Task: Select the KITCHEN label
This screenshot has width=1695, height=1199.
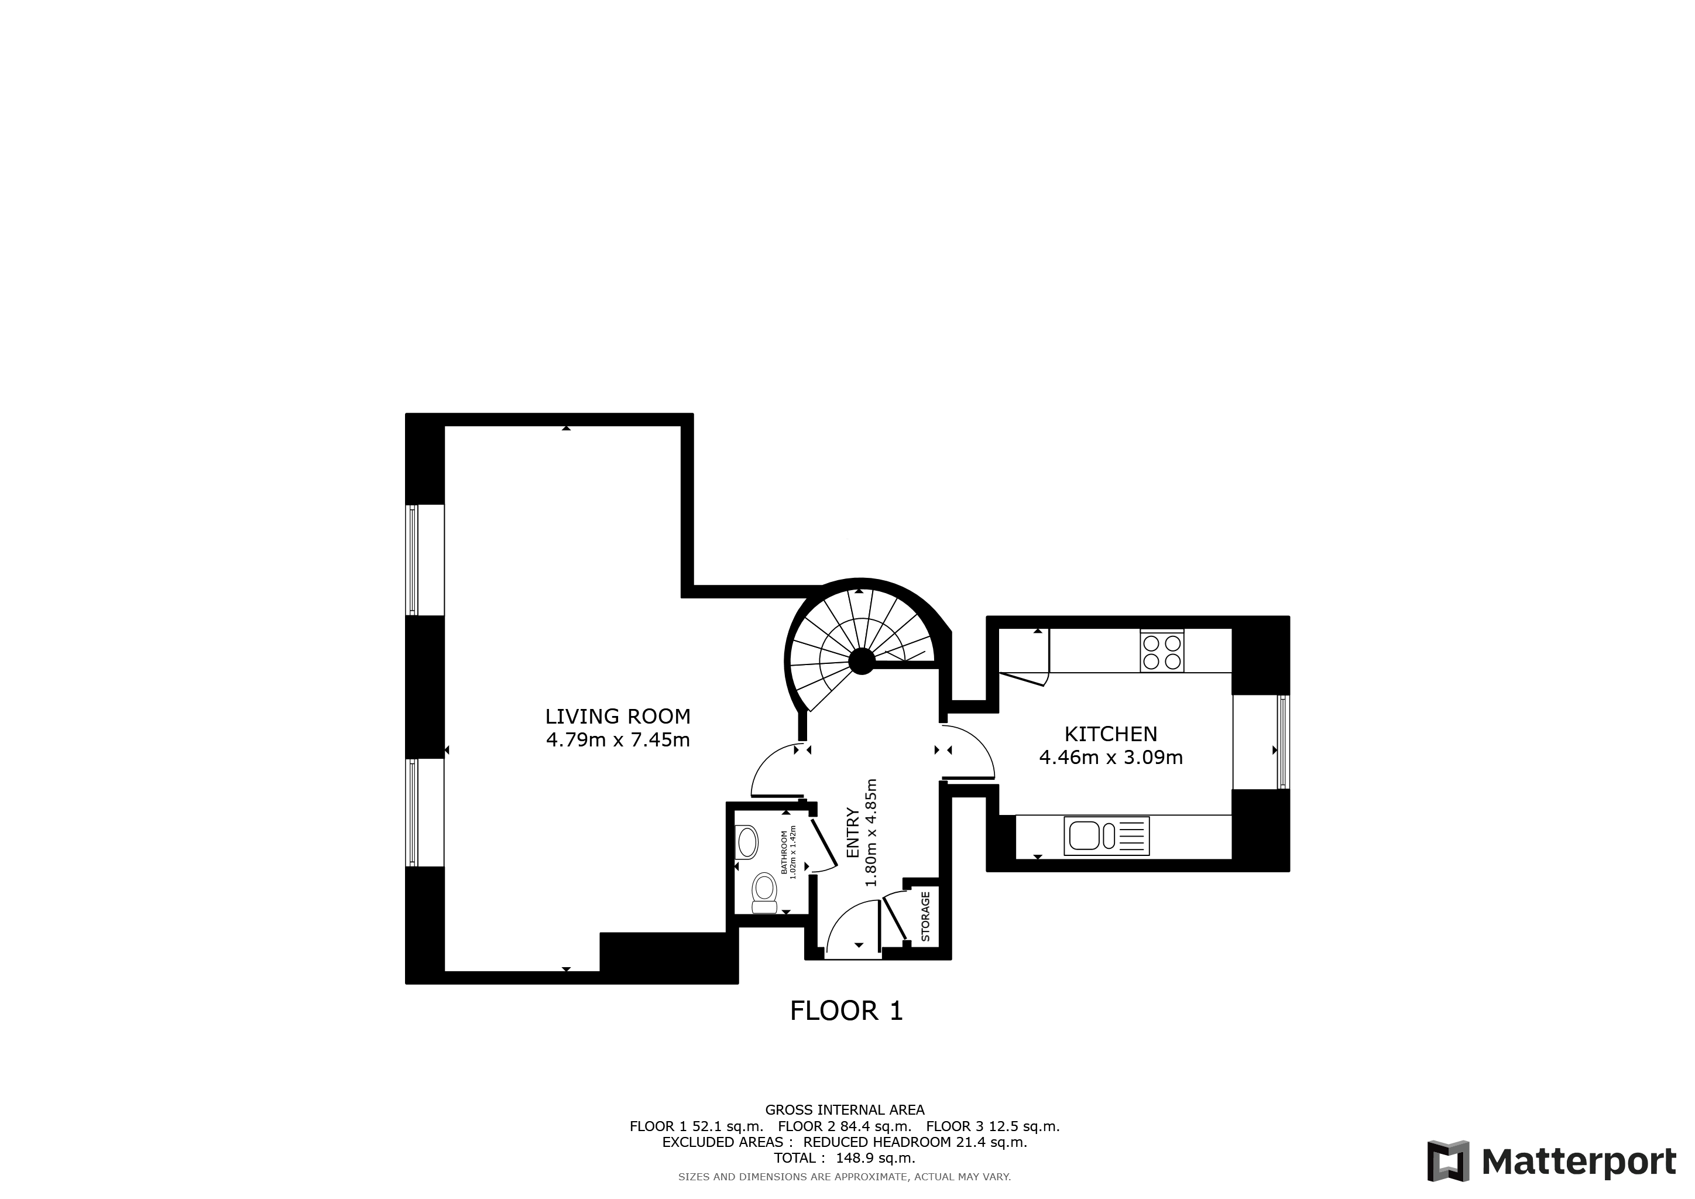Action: pos(1110,734)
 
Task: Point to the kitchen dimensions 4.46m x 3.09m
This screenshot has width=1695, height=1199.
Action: pos(1110,758)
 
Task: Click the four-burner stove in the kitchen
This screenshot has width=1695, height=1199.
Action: pos(1161,651)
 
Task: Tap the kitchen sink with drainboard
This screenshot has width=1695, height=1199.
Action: pos(1106,837)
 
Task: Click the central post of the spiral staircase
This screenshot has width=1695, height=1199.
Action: pos(861,661)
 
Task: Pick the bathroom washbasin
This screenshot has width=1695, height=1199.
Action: pos(747,842)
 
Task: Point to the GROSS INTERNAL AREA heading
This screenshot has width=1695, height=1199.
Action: pos(845,1109)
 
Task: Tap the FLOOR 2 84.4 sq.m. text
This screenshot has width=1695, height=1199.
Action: pos(845,1126)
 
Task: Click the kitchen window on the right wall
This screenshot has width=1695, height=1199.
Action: pos(1282,742)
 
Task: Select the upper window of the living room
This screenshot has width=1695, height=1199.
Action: pos(413,560)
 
